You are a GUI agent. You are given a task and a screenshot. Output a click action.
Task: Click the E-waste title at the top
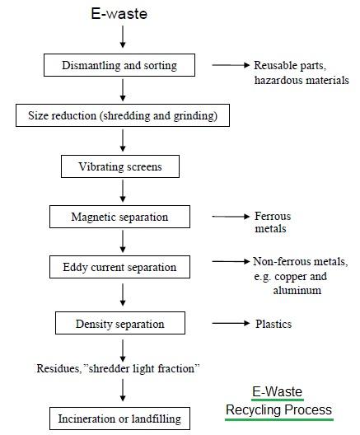[122, 14]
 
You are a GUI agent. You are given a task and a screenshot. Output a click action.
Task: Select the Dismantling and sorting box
[122, 64]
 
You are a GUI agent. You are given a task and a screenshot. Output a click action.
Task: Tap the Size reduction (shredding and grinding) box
[122, 115]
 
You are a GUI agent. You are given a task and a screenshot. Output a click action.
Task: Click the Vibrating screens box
[122, 166]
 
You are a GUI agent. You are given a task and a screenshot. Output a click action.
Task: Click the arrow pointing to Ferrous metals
[229, 217]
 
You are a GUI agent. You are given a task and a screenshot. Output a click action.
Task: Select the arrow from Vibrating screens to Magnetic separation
[122, 192]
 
